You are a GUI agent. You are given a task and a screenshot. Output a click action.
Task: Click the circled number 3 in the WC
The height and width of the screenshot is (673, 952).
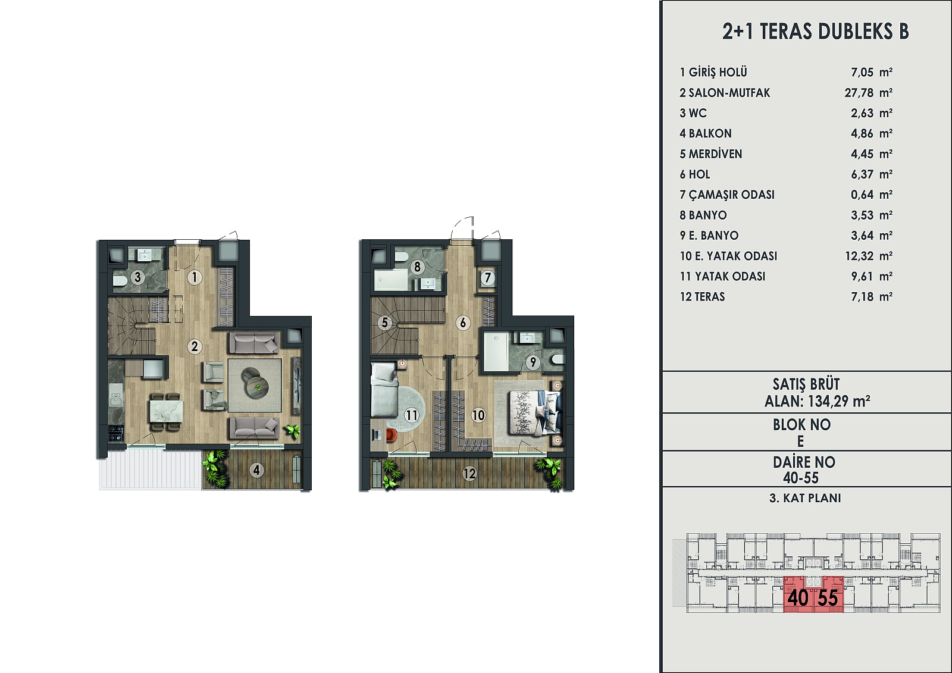137,278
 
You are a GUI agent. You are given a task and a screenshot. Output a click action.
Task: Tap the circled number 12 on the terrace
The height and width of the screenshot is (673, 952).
469,473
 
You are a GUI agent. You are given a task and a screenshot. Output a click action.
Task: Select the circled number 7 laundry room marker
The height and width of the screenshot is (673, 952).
488,278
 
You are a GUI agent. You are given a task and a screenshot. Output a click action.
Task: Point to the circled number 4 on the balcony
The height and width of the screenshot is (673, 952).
256,470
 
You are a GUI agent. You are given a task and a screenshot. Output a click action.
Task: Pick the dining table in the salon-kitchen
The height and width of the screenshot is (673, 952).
166,412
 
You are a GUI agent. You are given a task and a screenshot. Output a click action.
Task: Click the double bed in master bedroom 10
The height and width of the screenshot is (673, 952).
535,413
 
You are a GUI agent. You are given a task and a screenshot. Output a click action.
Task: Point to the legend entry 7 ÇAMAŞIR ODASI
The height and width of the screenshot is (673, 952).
727,195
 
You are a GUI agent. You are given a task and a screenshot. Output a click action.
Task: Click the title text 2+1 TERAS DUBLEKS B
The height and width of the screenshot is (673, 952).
815,32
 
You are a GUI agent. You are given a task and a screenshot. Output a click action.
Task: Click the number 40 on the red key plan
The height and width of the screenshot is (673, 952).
798,598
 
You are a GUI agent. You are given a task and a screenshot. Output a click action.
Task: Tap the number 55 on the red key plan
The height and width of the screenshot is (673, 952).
828,598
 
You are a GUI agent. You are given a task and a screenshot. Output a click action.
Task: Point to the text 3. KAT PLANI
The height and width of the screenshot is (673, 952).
805,498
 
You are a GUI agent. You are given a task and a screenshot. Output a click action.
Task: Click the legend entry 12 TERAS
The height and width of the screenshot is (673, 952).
702,297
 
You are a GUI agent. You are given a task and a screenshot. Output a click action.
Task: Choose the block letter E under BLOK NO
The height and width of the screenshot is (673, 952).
801,442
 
